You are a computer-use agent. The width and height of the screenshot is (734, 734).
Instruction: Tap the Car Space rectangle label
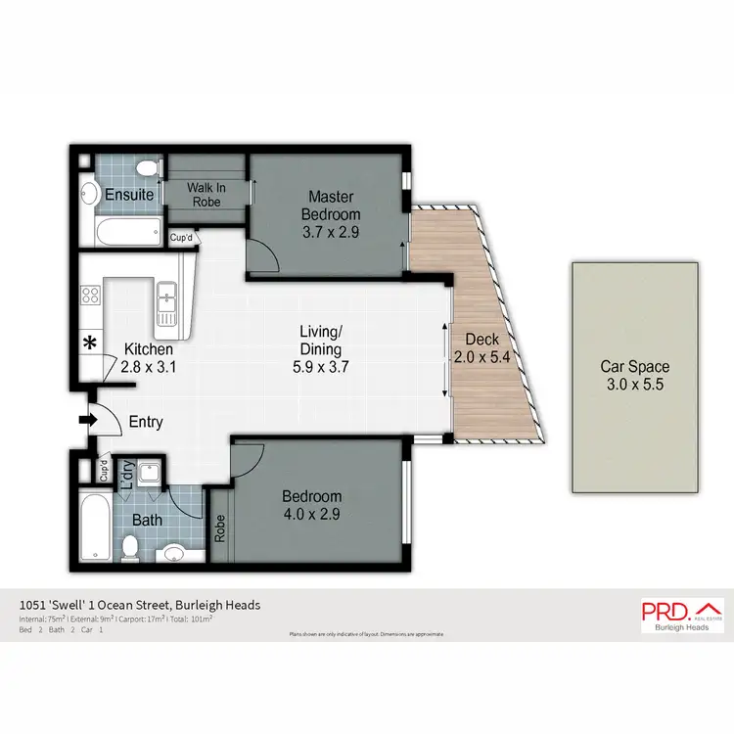[x=635, y=368]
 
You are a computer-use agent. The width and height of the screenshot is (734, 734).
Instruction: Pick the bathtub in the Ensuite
[x=128, y=232]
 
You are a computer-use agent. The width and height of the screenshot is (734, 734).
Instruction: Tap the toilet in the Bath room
[x=129, y=549]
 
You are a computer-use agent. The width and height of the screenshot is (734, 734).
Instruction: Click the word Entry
[x=146, y=423]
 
